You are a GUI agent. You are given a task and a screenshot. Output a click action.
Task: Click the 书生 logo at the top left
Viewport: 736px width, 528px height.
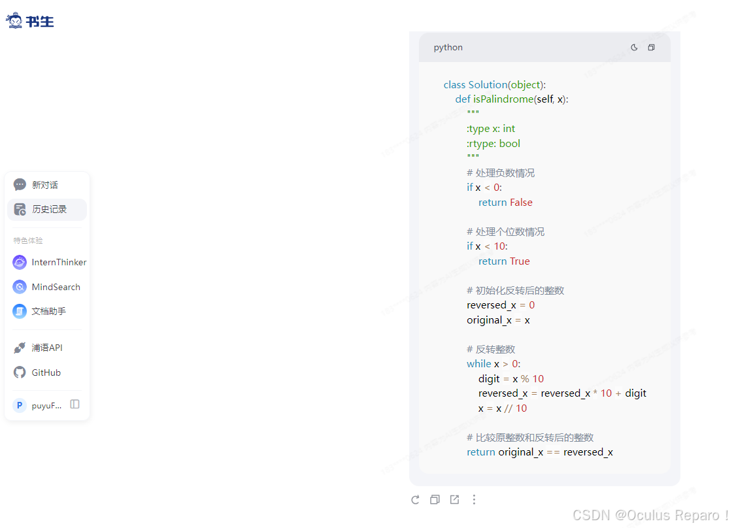point(30,21)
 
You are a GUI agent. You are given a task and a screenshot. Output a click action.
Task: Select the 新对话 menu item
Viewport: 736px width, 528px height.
point(45,185)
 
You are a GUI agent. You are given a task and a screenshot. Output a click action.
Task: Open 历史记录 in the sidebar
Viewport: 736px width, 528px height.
point(49,209)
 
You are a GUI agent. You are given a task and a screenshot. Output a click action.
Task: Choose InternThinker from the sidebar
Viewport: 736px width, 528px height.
point(59,262)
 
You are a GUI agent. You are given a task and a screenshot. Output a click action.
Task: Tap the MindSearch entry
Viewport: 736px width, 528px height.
point(56,287)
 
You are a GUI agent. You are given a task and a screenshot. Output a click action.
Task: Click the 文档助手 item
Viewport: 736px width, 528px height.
point(48,311)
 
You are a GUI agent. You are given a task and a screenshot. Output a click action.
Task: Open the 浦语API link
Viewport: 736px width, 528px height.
point(47,348)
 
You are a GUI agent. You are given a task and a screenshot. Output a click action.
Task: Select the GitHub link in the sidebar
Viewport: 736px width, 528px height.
point(46,372)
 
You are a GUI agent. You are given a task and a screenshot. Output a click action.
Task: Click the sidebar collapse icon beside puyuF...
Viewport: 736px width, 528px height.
point(75,404)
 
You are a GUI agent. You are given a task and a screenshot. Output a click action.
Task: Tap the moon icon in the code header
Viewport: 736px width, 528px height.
point(634,48)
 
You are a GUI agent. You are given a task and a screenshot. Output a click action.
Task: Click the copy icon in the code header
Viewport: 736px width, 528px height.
point(651,48)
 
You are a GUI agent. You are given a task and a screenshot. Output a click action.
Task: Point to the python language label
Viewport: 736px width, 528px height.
point(448,48)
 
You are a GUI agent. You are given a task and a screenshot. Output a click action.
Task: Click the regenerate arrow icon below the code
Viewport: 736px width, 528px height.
point(415,500)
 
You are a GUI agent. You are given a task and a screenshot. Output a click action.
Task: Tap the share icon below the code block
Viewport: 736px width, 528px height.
point(454,500)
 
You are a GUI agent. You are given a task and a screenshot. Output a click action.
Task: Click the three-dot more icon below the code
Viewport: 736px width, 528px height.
point(474,500)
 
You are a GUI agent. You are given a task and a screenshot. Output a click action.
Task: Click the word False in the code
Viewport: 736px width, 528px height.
point(521,203)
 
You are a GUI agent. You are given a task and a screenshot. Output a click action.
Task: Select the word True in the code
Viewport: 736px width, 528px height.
point(520,261)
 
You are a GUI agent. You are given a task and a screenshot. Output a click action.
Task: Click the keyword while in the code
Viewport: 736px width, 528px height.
point(479,364)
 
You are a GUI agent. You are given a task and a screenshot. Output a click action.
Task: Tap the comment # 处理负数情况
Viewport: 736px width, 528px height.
point(501,173)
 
